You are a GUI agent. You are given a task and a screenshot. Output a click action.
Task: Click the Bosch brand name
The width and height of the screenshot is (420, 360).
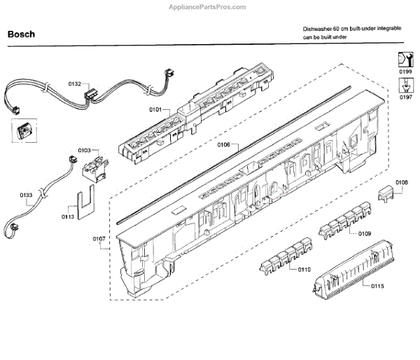coord(21,34)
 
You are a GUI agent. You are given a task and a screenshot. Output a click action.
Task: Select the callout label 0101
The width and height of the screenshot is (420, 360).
coord(155,109)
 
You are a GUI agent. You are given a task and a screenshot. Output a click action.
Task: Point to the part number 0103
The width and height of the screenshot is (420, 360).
coord(84,150)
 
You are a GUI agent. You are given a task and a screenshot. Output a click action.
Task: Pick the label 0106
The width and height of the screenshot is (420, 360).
coord(223,146)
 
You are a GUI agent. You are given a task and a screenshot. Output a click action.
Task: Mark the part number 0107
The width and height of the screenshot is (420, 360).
coord(99,239)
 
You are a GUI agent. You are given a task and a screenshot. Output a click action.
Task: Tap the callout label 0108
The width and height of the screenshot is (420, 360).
coord(401,183)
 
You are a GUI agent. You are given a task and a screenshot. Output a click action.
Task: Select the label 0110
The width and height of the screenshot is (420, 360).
coord(304,269)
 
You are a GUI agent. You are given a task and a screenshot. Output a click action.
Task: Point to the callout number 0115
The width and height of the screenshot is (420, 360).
coord(378,286)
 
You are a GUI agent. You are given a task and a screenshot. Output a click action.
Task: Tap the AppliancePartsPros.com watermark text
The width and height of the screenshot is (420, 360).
coord(208,6)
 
